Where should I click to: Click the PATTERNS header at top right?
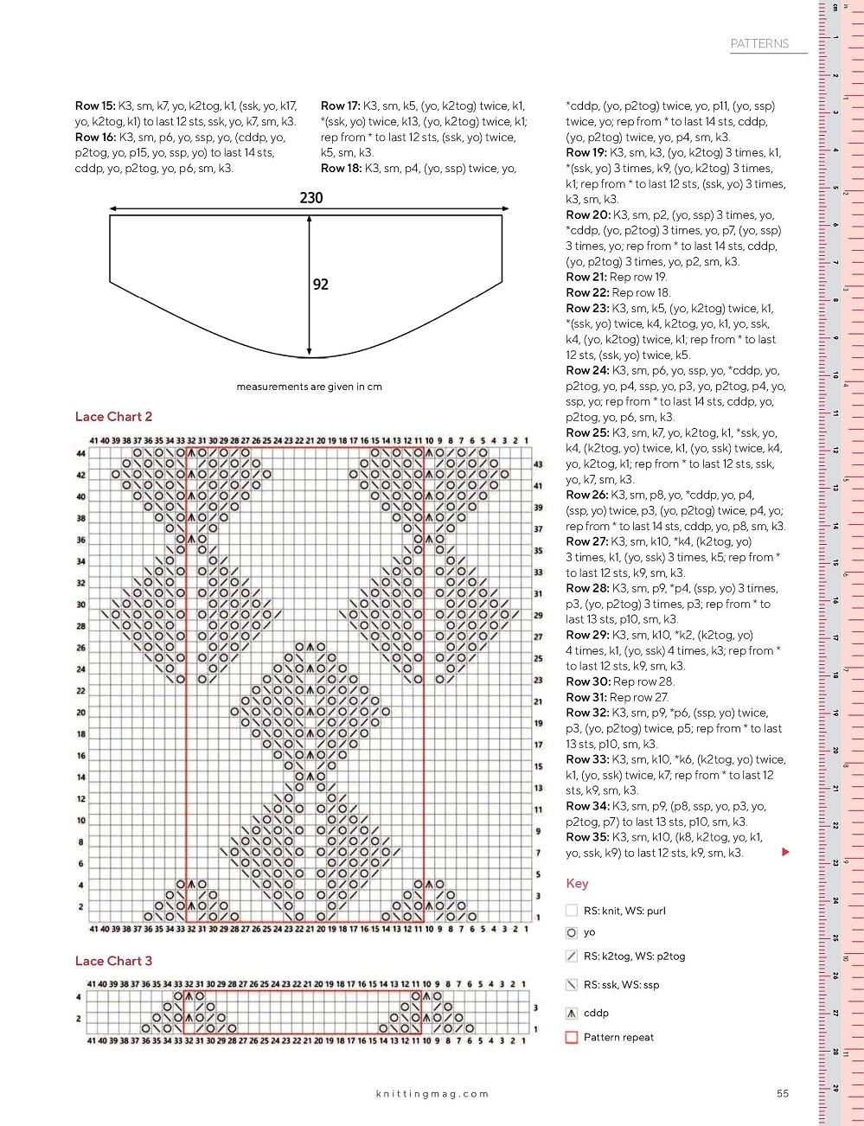(759, 43)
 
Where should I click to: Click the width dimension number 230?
(311, 198)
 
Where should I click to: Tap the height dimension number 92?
(321, 285)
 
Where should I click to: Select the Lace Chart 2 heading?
(113, 417)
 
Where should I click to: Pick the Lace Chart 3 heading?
(113, 961)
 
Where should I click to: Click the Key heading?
(577, 883)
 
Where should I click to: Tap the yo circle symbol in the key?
(571, 932)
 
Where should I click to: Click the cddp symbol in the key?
(571, 1013)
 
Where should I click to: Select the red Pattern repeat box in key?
(571, 1037)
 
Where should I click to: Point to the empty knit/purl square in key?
(571, 910)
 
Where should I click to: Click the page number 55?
(783, 1094)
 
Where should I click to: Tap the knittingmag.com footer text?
(432, 1094)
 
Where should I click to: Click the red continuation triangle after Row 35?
(785, 852)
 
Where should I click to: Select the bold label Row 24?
(587, 370)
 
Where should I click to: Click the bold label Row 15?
(95, 106)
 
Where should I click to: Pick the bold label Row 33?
(587, 759)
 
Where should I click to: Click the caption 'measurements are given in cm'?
(309, 387)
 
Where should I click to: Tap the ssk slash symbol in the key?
(571, 984)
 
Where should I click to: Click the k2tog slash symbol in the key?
(571, 956)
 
